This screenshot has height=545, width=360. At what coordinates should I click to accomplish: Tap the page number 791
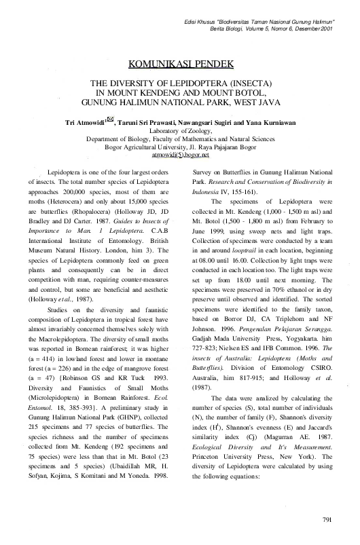coord(325,520)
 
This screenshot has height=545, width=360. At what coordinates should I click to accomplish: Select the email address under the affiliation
coord(180,155)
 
